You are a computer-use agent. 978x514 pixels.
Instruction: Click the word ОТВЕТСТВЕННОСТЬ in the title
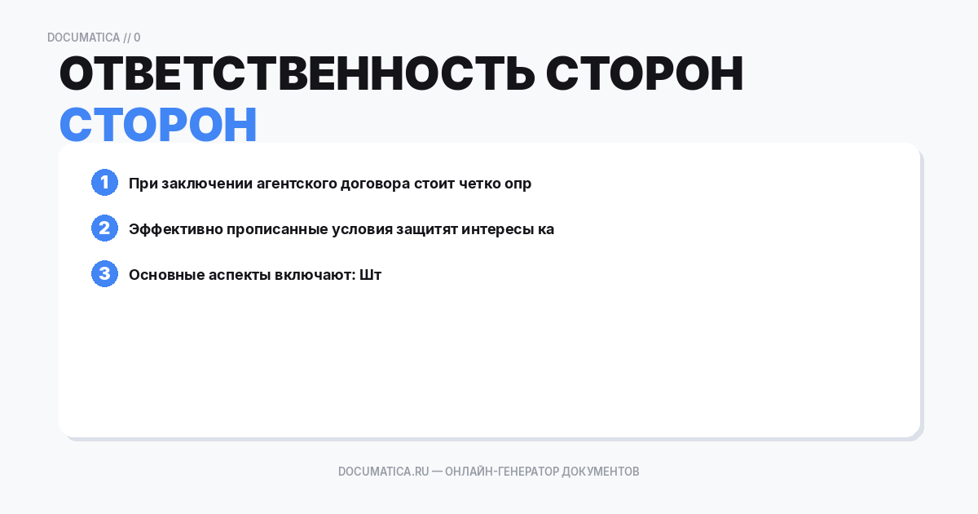click(297, 74)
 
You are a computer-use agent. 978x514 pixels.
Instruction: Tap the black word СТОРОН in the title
click(645, 74)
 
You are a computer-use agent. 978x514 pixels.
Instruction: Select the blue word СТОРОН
click(158, 126)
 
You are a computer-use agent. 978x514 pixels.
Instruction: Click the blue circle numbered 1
click(104, 183)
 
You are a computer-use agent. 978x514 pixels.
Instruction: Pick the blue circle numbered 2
click(104, 228)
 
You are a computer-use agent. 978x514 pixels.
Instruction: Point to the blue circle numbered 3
click(104, 274)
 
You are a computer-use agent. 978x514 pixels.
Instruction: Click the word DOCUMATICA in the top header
click(83, 38)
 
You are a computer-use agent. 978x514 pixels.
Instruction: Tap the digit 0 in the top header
click(137, 38)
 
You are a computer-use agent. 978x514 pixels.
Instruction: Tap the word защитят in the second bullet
click(426, 229)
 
